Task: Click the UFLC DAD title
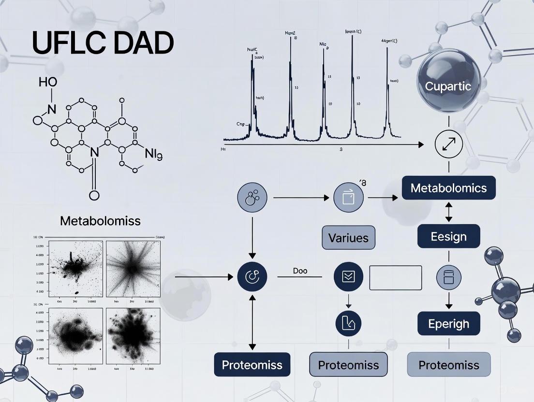pyautogui.click(x=103, y=43)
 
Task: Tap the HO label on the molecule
pyautogui.click(x=47, y=82)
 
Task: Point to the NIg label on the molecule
pyautogui.click(x=153, y=155)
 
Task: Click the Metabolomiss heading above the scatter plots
pyautogui.click(x=101, y=221)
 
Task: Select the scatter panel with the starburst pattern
pyautogui.click(x=133, y=268)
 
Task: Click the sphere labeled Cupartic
pyautogui.click(x=448, y=87)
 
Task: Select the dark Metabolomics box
pyautogui.click(x=448, y=188)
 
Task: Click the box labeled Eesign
pyautogui.click(x=448, y=237)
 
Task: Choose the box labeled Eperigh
pyautogui.click(x=448, y=323)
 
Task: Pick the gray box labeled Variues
pyautogui.click(x=348, y=238)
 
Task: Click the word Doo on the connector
pyautogui.click(x=300, y=271)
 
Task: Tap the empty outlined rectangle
pyautogui.click(x=395, y=278)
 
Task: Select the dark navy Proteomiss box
pyautogui.click(x=252, y=365)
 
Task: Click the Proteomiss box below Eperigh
pyautogui.click(x=448, y=365)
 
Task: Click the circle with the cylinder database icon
pyautogui.click(x=448, y=277)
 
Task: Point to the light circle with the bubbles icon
pyautogui.click(x=252, y=198)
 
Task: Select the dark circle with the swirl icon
pyautogui.click(x=252, y=277)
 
